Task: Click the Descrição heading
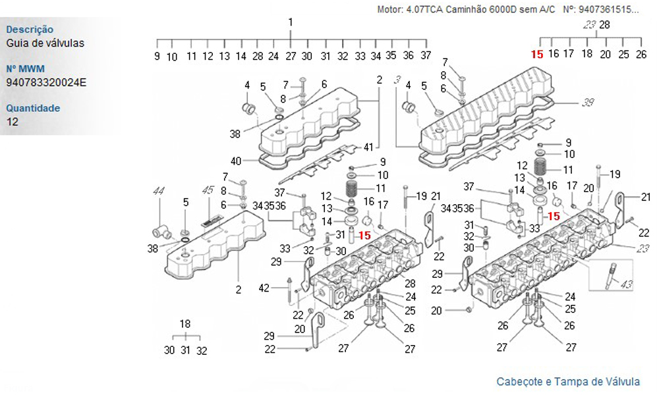30,30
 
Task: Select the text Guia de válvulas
45,43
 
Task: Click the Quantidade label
33,108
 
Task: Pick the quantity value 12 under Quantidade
13,122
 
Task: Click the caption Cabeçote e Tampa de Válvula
567,382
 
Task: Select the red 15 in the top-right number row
537,55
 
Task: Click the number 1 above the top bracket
291,22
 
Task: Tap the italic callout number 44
158,191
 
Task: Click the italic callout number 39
588,103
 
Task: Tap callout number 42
264,288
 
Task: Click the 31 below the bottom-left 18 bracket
185,351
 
